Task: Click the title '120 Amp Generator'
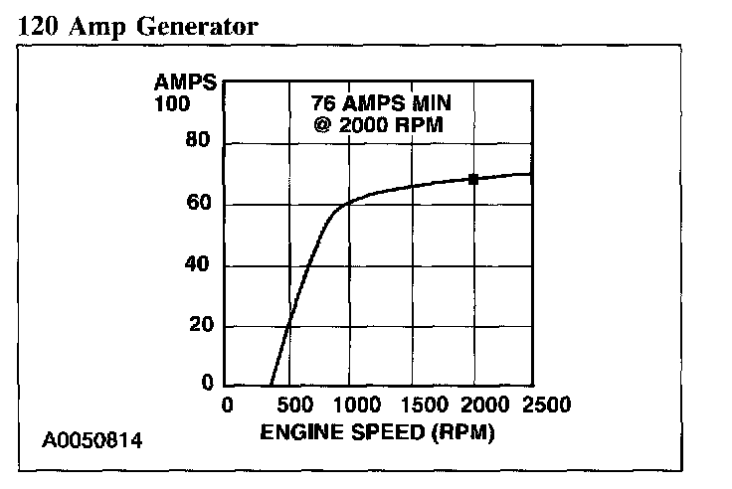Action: pos(138,26)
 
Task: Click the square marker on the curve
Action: pos(473,179)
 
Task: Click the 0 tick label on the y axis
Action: pos(206,383)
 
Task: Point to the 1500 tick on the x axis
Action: pos(412,406)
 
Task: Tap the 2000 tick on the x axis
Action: pos(474,406)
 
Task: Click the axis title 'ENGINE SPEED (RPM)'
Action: pos(377,433)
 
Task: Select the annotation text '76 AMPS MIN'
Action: pos(375,104)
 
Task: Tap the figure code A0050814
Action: pos(91,437)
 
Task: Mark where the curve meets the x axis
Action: pos(271,386)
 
